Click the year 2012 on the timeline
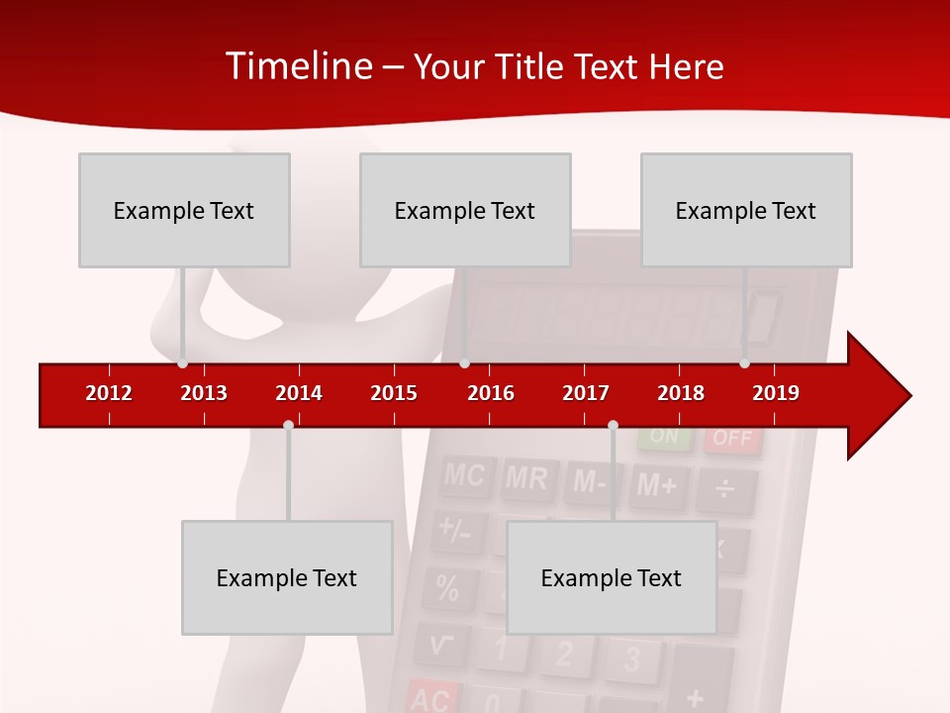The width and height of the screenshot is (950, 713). (109, 393)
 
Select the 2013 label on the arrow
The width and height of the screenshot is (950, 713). (204, 393)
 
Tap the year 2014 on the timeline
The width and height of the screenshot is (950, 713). (299, 393)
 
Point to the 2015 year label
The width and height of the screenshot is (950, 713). (394, 393)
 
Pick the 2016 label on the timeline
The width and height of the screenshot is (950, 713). (491, 393)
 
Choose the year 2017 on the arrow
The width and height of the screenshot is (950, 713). (586, 393)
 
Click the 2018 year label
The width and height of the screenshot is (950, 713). (681, 393)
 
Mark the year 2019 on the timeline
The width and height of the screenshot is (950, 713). (776, 393)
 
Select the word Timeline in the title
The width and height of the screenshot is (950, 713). (299, 66)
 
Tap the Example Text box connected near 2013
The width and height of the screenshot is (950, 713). (184, 210)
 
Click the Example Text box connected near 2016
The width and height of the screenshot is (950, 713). (465, 210)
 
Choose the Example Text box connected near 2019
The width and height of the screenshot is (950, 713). (746, 210)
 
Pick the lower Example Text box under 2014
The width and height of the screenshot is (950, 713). (287, 577)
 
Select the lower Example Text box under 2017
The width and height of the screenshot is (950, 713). (612, 577)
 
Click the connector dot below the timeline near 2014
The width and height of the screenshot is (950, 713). (288, 425)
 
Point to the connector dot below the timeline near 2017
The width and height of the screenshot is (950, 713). (613, 425)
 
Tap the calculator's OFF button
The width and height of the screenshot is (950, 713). (732, 439)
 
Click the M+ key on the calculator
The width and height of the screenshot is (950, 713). (657, 485)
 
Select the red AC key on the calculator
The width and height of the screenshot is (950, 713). (430, 698)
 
